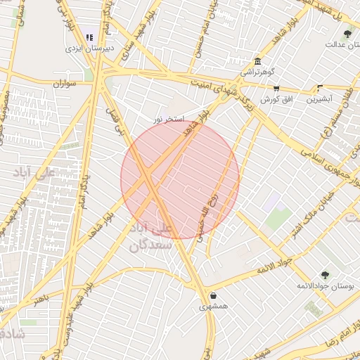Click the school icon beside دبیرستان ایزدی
tap(89, 37)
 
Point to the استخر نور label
tap(169, 120)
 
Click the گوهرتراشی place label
tap(259, 72)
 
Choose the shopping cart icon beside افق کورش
tap(276, 89)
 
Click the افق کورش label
tap(276, 99)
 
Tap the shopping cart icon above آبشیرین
tap(320, 89)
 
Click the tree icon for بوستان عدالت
tap(347, 33)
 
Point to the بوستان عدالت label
tap(342, 44)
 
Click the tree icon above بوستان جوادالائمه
tap(324, 275)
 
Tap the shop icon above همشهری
tap(212, 295)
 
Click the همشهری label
tap(212, 307)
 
